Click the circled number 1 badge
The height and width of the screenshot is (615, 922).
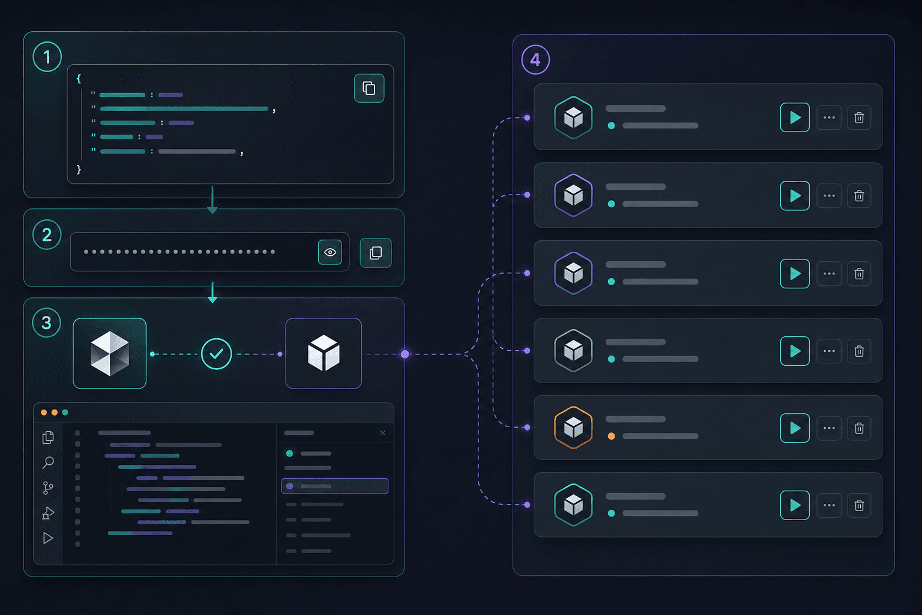coord(47,57)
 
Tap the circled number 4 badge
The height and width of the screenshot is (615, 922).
coord(535,59)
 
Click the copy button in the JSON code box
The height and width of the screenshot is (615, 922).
coord(369,88)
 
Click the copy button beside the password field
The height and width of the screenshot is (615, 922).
coord(375,252)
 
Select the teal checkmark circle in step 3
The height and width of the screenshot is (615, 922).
coord(217,354)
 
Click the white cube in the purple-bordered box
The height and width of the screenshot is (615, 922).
coord(324,353)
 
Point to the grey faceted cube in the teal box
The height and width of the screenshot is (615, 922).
coord(109,353)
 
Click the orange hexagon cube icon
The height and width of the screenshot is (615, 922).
coord(573,428)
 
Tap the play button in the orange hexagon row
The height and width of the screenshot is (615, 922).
coord(795,428)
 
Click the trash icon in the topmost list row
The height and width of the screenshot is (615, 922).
coord(859,118)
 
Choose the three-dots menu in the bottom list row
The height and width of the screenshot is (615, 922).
coord(829,506)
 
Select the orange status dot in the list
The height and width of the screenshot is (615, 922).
coord(612,436)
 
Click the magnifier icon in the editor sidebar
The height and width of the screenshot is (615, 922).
coord(48,462)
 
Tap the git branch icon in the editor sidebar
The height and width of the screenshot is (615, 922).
coord(48,488)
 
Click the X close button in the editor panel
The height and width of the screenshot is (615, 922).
coord(383,433)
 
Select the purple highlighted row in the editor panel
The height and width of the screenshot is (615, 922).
coord(334,486)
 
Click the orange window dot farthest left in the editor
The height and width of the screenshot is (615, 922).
coord(44,413)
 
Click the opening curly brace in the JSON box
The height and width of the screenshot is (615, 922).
coord(79,78)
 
